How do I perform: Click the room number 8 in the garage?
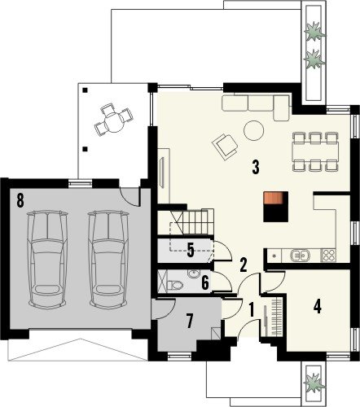coord(20,201)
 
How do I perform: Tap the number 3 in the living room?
coord(256,168)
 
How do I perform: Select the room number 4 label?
coord(318,307)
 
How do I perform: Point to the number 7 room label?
coord(190,321)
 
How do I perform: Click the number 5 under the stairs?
coord(191,250)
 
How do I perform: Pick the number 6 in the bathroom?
coord(205,283)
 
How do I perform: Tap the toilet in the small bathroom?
coord(175,285)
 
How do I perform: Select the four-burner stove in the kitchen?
coord(328,255)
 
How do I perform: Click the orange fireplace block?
coord(273,198)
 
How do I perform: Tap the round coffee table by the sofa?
coord(254,130)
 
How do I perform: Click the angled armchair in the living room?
coord(225,147)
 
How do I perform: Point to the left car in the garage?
coord(47,259)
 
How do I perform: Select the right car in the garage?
coord(108,259)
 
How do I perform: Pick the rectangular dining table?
coord(315,151)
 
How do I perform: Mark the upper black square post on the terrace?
coord(86,90)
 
